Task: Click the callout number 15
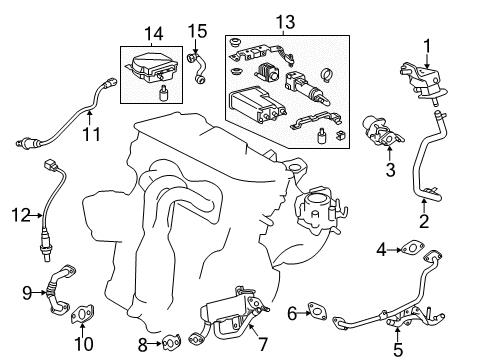point(199,31)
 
